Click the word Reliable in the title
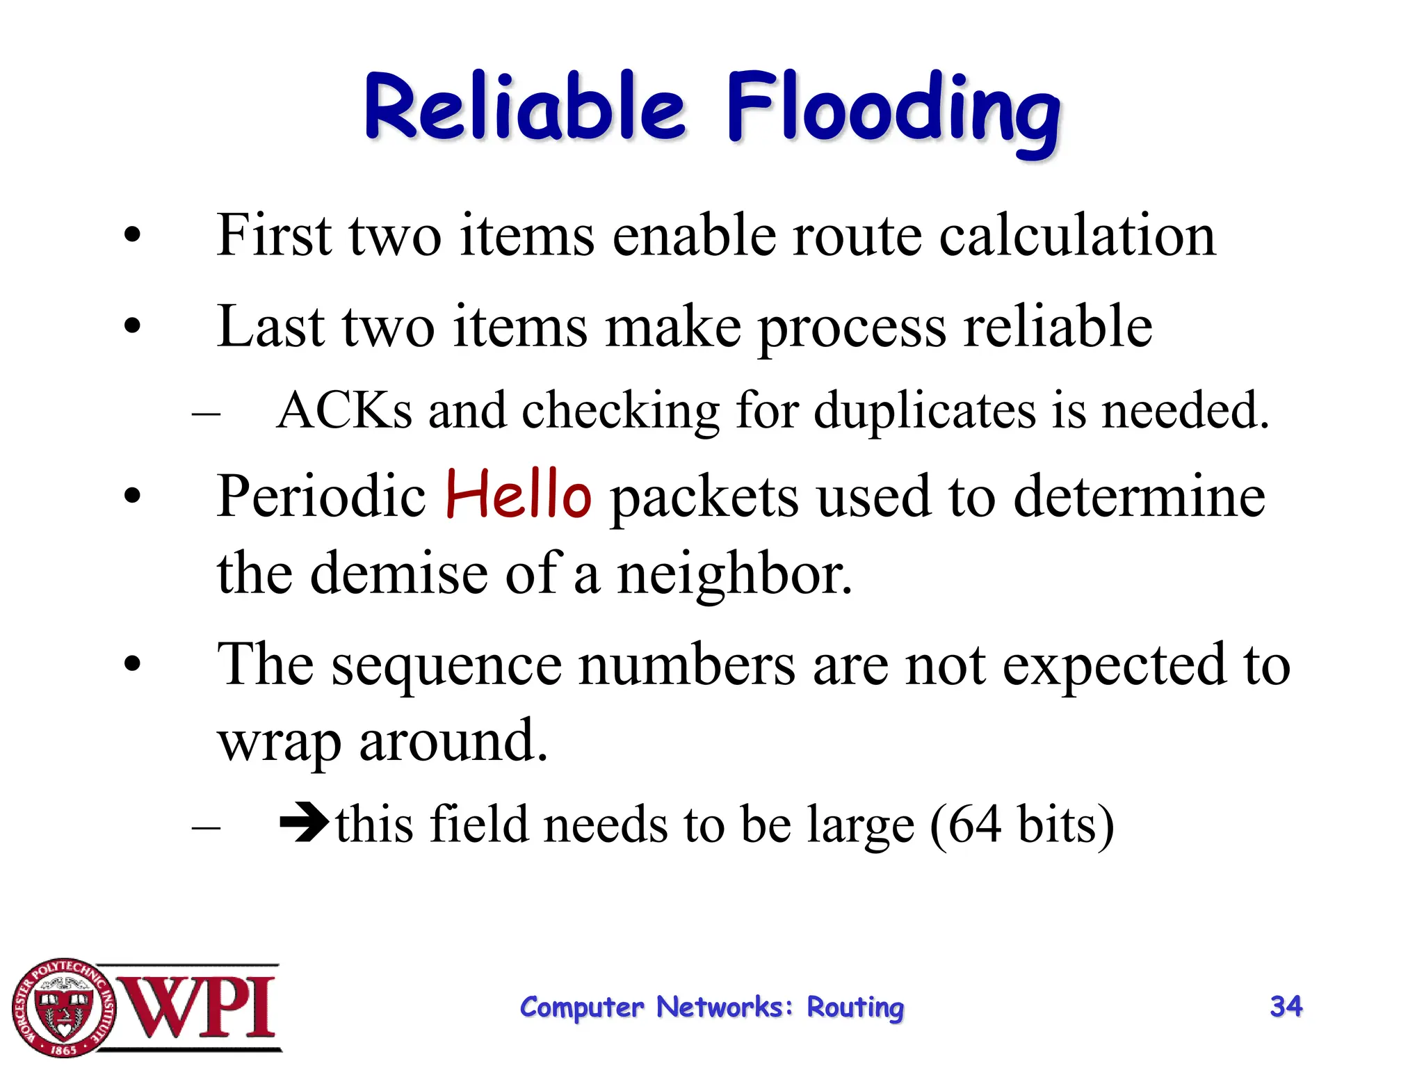click(525, 108)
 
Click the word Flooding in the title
click(893, 111)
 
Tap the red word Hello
click(518, 495)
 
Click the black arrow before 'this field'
click(304, 822)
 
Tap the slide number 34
click(1286, 1006)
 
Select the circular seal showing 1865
click(64, 1008)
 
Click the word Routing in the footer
click(855, 1008)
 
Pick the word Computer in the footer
click(582, 1008)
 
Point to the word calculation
click(1077, 236)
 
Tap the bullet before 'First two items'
click(132, 236)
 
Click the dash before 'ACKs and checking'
click(206, 413)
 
